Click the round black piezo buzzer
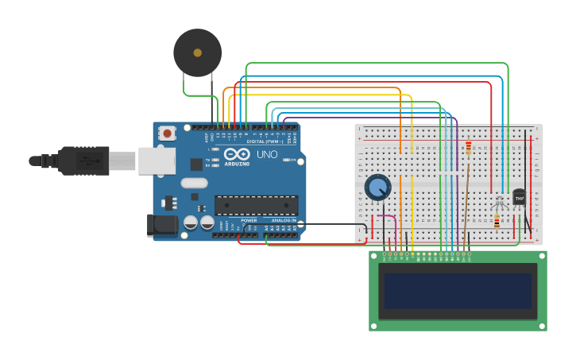[x=197, y=52]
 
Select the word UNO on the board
[x=267, y=154]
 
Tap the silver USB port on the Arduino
[x=157, y=161]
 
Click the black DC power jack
[x=163, y=225]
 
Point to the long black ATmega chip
[x=256, y=205]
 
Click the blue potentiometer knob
[x=378, y=188]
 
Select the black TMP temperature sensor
[x=520, y=196]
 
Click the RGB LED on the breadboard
[x=498, y=203]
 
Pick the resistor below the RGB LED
[x=497, y=223]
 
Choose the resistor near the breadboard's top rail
[x=468, y=149]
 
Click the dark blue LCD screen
[x=457, y=291]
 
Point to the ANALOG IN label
[x=282, y=220]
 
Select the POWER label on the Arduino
[x=249, y=220]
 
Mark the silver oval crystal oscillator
[x=194, y=183]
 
